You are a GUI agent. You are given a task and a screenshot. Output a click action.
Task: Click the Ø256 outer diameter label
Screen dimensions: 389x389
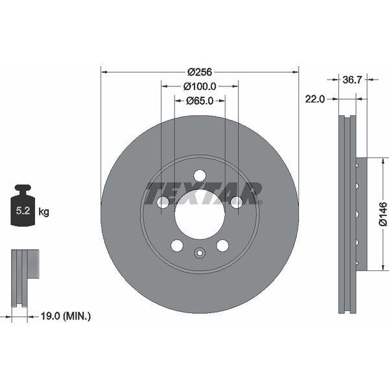pos(200,72)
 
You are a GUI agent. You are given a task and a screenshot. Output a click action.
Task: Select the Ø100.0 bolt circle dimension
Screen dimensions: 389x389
pos(200,86)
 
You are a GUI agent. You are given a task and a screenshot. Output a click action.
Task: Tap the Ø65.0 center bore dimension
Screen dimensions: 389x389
pos(200,100)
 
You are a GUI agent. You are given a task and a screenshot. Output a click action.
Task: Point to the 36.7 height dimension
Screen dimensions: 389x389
pos(353,80)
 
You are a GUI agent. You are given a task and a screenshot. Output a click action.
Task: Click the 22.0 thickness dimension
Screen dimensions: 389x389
pos(315,99)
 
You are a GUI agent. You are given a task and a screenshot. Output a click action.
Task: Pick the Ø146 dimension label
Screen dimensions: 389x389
pos(383,214)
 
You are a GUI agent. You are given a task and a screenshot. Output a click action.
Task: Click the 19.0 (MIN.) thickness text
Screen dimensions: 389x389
pos(65,316)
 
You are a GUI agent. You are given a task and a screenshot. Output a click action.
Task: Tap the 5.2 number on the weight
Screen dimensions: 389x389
pos(23,211)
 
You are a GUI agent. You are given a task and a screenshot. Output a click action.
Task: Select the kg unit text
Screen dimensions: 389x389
pos(43,212)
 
